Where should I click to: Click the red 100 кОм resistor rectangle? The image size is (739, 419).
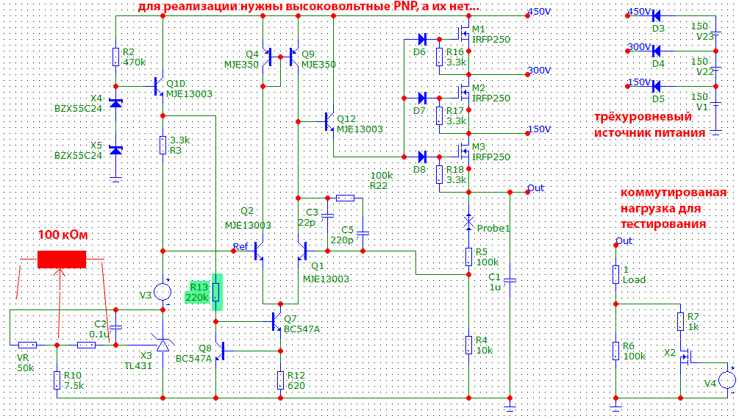coord(62,259)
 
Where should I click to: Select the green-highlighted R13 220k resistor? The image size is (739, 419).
coord(216,293)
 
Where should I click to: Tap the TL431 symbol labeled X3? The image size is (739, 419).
coord(163,345)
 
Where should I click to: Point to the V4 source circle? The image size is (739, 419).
coord(727,380)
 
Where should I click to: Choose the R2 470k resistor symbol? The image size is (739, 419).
coord(116,57)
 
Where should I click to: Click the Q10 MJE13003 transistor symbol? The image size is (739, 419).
coord(159,86)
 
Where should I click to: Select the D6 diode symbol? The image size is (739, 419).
coord(422,39)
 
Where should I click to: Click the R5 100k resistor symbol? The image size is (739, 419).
coord(468,257)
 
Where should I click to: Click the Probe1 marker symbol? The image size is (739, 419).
coord(468,222)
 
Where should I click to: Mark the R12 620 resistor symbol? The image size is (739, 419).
coord(280,380)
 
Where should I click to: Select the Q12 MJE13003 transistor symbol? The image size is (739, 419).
coord(329,121)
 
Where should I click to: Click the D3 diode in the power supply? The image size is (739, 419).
coord(657,16)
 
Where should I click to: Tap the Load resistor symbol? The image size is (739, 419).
coord(615,275)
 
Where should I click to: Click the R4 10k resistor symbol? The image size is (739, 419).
coord(468,345)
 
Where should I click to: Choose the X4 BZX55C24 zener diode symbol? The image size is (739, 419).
coord(116,103)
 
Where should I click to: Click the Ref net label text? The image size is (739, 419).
coord(240,246)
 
